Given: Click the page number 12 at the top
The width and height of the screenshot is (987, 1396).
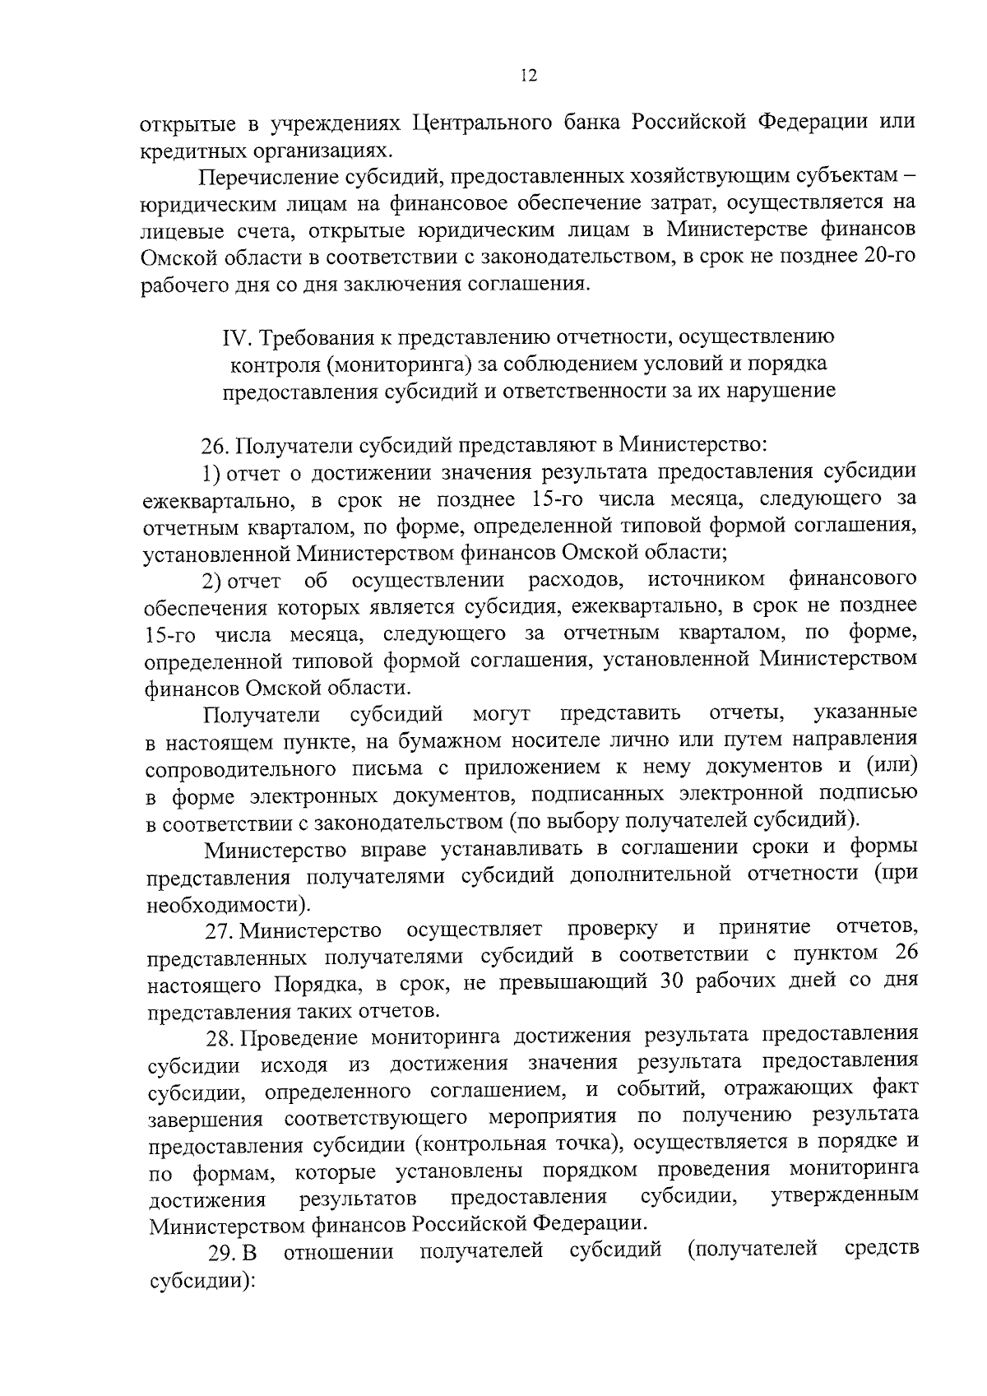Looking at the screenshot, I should [x=529, y=77].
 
